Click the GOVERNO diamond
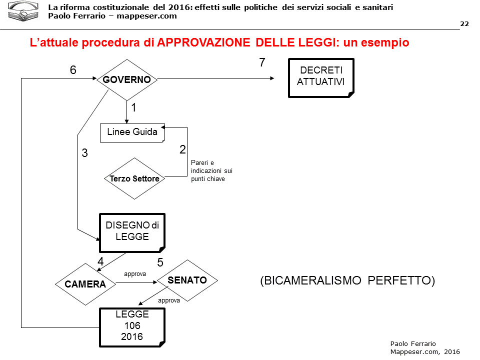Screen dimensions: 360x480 [x=127, y=79]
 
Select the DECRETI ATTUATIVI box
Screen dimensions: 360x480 [x=321, y=78]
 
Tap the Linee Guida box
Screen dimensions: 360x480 [x=132, y=132]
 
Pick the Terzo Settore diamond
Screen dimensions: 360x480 [x=134, y=178]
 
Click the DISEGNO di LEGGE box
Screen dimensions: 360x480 [x=132, y=232]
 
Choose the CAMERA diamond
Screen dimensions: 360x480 [x=85, y=284]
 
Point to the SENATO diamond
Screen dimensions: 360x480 [x=187, y=280]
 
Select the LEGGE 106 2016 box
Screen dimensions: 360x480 [x=132, y=326]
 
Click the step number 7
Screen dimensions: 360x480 [x=262, y=62]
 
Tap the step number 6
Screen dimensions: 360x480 [x=73, y=70]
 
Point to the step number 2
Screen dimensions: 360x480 [x=182, y=149]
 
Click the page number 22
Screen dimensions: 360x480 [x=464, y=24]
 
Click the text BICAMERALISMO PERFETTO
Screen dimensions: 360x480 [x=347, y=280]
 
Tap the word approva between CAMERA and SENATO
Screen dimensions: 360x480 [x=135, y=274]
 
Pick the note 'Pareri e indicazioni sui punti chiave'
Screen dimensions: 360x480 [x=211, y=170]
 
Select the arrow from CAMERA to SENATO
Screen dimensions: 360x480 [x=136, y=282]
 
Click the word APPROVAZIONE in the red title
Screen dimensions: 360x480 [x=203, y=42]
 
